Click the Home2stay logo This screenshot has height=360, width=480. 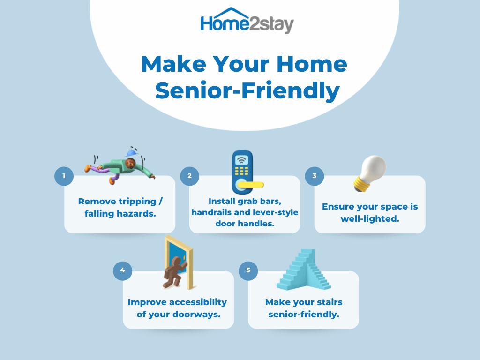point(247,21)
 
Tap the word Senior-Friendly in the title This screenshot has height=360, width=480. point(247,91)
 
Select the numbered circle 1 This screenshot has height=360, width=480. point(64,176)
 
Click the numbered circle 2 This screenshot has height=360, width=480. point(189,176)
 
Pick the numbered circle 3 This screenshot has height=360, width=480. point(315,176)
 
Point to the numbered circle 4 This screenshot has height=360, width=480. point(122,270)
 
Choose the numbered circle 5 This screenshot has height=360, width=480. point(248,270)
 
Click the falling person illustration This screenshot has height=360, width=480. point(120,167)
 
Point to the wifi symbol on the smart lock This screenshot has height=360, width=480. point(242,160)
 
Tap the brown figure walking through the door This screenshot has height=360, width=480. point(174,272)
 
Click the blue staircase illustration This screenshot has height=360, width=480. point(304,270)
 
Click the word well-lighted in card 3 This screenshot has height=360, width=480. point(370,219)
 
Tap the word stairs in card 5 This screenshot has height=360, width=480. point(330,302)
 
